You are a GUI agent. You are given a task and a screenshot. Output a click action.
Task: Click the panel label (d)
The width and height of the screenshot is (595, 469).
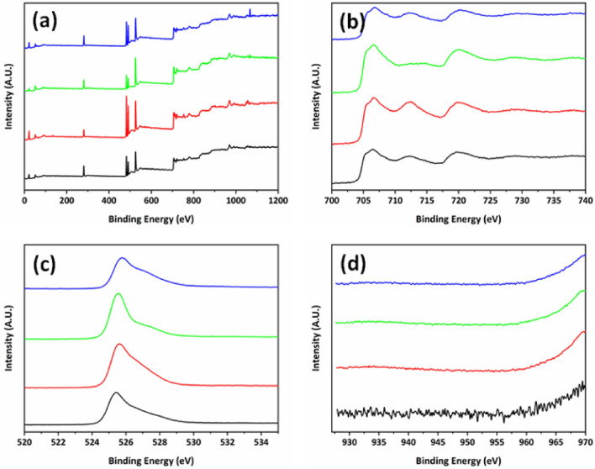coord(355,264)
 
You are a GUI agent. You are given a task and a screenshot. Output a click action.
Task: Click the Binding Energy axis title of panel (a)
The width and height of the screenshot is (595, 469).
coord(151,217)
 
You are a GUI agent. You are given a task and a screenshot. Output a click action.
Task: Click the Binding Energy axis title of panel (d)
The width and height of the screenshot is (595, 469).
coord(461,457)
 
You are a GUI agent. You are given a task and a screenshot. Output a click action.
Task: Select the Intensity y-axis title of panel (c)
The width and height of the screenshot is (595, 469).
coord(8,340)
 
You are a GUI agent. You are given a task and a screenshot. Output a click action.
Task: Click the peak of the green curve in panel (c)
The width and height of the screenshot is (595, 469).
coord(118,293)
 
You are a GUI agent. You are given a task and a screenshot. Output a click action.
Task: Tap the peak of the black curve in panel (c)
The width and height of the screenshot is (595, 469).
coord(116,393)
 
